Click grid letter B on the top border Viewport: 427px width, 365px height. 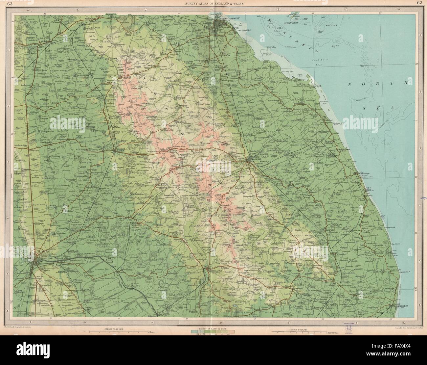[x=78, y=10]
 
